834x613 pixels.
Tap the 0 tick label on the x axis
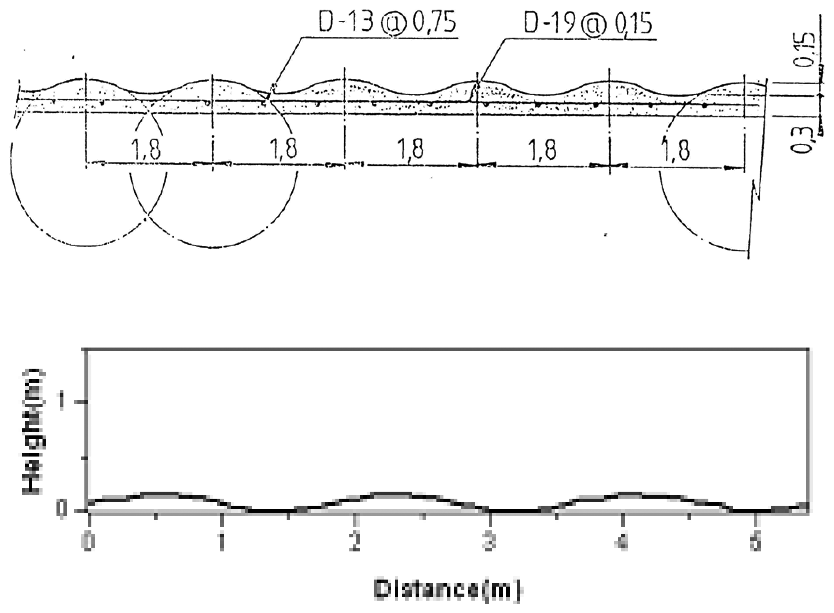[x=88, y=543]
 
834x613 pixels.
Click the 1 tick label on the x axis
[x=222, y=543]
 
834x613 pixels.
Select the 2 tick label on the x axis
[x=355, y=543]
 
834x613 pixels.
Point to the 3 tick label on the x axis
[x=489, y=543]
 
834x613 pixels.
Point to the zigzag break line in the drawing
[x=755, y=193]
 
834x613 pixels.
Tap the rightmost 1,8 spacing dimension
[x=676, y=149]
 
